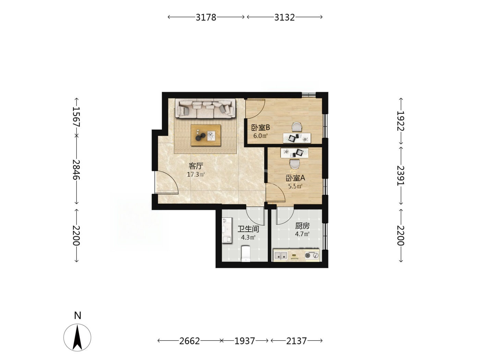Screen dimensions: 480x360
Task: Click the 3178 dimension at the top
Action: click(206, 17)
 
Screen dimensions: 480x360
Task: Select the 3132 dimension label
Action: click(285, 17)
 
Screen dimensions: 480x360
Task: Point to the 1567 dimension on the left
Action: click(76, 117)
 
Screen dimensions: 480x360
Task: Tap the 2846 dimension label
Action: click(76, 170)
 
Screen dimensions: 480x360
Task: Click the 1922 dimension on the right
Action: click(400, 121)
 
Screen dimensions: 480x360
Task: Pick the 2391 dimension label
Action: click(400, 176)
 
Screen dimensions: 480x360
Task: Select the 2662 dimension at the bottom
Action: click(189, 341)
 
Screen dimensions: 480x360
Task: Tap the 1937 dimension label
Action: click(245, 341)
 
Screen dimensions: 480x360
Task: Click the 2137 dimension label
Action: click(296, 341)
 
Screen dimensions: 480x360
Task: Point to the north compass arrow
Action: click(77, 337)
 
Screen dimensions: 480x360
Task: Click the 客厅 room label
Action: click(196, 166)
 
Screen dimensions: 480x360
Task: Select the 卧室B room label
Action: click(261, 128)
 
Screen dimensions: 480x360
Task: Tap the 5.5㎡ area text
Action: click(295, 186)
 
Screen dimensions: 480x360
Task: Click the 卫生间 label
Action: click(248, 229)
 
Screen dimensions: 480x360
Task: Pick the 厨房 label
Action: click(302, 226)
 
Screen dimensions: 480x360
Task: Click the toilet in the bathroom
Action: click(245, 253)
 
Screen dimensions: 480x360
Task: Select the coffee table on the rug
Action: click(206, 135)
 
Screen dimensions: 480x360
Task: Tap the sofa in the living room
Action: click(205, 108)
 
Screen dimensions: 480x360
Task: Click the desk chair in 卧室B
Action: click(297, 127)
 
